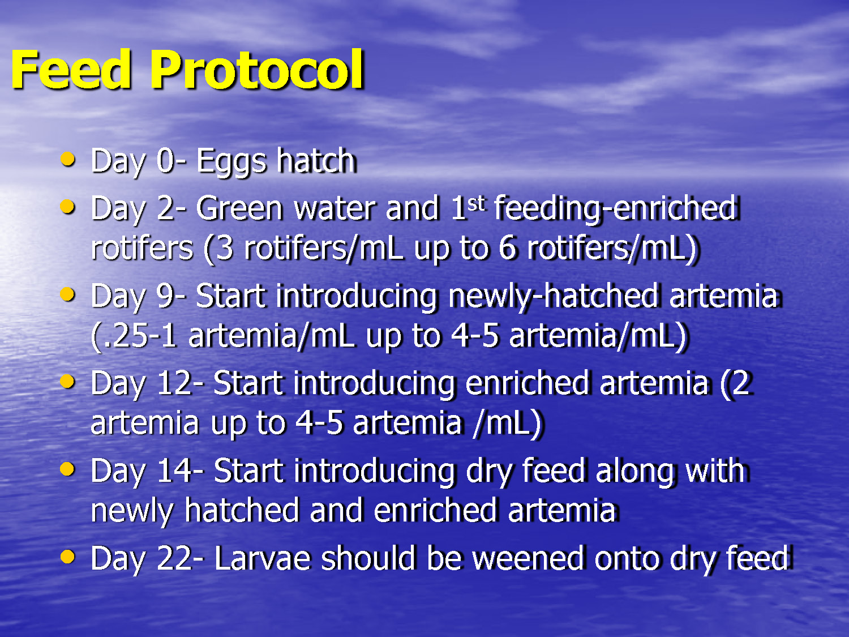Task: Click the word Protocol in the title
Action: pyautogui.click(x=256, y=70)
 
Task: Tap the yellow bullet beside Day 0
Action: pyautogui.click(x=67, y=159)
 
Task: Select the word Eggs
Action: pyautogui.click(x=231, y=161)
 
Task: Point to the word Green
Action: pyautogui.click(x=239, y=208)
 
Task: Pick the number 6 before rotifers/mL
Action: pyautogui.click(x=507, y=248)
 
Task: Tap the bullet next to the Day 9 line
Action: pyautogui.click(x=67, y=294)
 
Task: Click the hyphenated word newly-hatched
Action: pyautogui.click(x=553, y=296)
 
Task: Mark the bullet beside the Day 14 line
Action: pyautogui.click(x=67, y=469)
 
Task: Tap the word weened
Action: pyautogui.click(x=528, y=558)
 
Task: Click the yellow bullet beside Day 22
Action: pyautogui.click(x=67, y=557)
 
